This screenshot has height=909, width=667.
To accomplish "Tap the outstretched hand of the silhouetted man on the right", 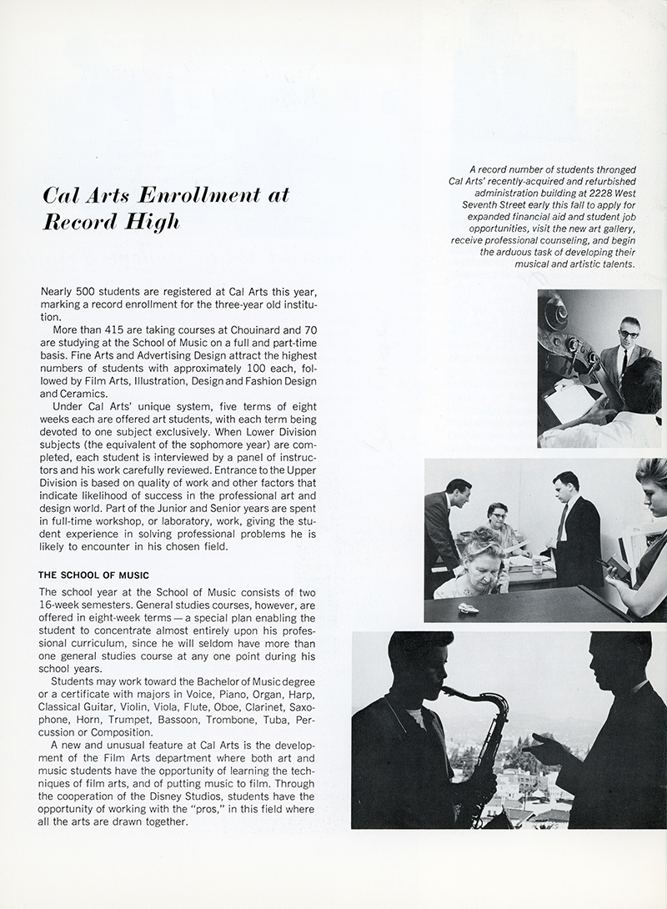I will tap(540, 747).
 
